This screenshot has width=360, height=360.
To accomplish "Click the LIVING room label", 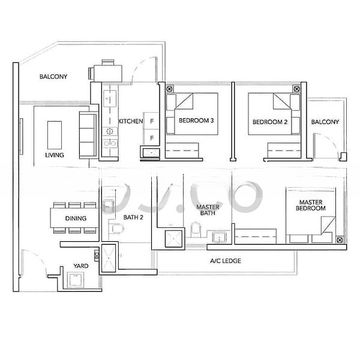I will click(54, 155).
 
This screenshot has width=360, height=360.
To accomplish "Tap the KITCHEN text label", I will click(130, 122).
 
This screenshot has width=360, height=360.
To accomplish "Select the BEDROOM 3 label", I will click(196, 121).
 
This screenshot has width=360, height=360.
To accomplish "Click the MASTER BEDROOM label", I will click(311, 205).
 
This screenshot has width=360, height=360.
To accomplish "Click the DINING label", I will click(76, 218).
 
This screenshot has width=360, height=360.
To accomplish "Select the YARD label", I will click(81, 265).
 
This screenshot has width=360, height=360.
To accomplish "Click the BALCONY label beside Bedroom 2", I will click(325, 122).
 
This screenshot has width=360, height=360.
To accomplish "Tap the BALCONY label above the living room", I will click(53, 77).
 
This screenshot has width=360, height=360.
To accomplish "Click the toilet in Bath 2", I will click(117, 228).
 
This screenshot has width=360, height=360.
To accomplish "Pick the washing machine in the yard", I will click(77, 280).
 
